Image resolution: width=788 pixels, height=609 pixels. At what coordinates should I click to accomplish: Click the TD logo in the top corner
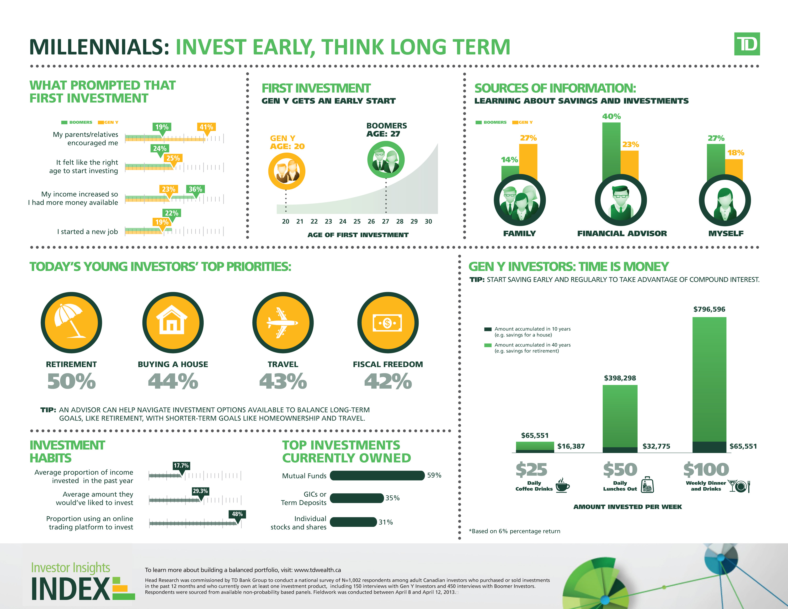pos(747,44)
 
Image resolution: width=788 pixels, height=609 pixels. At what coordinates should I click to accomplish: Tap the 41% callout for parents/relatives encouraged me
pos(206,127)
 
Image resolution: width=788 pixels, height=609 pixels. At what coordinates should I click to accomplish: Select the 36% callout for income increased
pos(196,189)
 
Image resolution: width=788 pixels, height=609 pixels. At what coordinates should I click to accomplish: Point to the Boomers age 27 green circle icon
pos(386,160)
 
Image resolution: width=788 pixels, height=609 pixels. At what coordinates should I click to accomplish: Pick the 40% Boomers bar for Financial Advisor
pos(611,151)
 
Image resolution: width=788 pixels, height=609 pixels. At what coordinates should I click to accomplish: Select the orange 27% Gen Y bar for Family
pos(528,162)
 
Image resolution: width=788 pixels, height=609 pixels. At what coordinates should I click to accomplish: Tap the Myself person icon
pos(725,200)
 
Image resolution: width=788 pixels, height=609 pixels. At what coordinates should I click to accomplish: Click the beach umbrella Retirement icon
pos(71,323)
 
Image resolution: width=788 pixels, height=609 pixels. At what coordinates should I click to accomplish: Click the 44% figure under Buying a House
pos(173,381)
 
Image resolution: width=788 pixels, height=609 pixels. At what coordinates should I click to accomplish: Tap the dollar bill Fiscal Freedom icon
pos(388,323)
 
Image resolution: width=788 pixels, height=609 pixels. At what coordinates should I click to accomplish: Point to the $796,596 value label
pos(709,309)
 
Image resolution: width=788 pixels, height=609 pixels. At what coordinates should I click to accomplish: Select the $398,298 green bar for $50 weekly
pos(620,416)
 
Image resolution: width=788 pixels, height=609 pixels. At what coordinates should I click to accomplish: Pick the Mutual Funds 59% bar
pos(377,475)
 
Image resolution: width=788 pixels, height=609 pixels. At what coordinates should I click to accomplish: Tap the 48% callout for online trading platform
pos(237,514)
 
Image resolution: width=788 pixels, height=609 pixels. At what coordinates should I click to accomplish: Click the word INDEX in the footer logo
pos(71,589)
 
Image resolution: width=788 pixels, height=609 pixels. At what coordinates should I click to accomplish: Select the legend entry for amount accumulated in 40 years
pos(527,348)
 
